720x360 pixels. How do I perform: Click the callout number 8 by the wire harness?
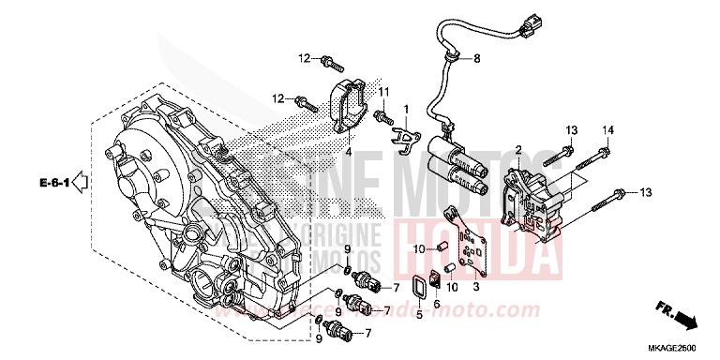[x=475, y=59]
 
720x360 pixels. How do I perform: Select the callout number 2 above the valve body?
[x=517, y=149]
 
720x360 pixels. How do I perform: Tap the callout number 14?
[x=607, y=128]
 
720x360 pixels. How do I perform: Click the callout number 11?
[x=383, y=90]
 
